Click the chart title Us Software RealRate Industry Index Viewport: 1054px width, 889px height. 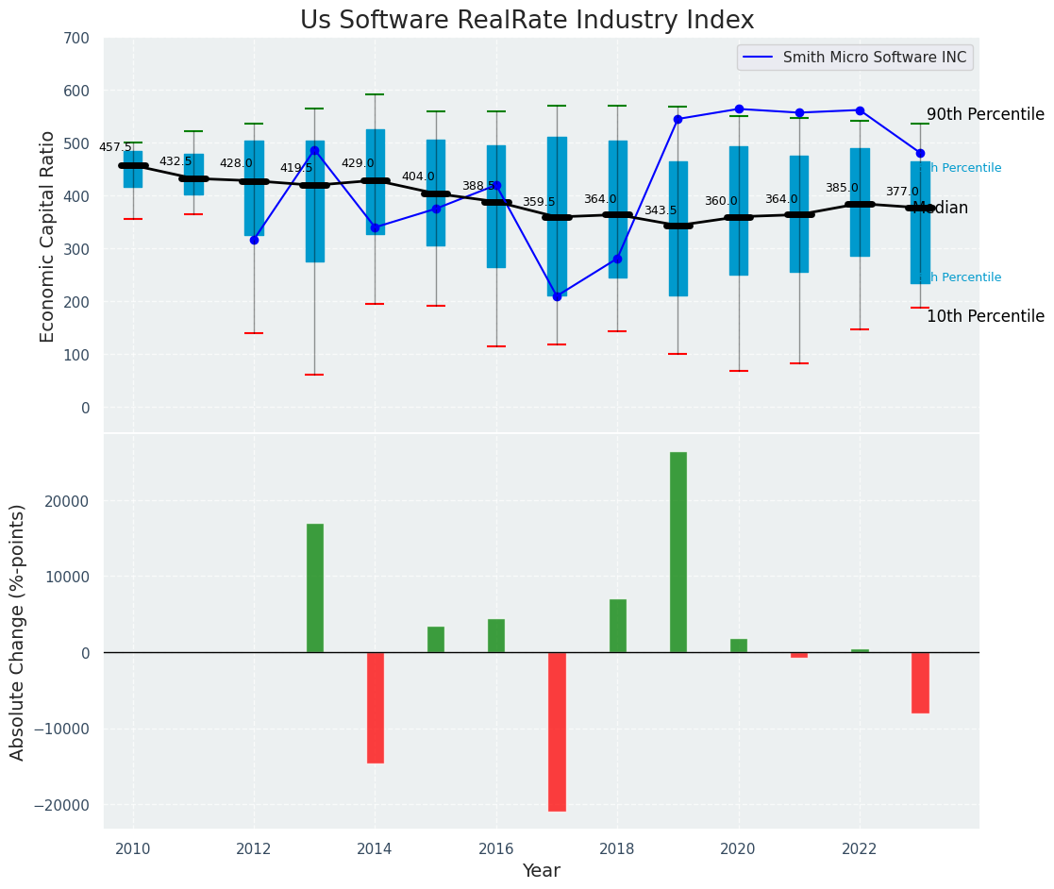click(x=527, y=21)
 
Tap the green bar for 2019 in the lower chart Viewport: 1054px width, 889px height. click(x=678, y=552)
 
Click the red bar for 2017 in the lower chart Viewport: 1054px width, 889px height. click(x=557, y=731)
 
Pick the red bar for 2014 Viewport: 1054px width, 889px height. click(x=375, y=707)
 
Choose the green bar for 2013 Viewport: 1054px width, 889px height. click(x=314, y=588)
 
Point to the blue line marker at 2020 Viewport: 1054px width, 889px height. click(x=738, y=109)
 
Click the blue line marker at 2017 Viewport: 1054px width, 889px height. click(x=557, y=296)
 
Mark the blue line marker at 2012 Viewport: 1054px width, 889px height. click(x=254, y=240)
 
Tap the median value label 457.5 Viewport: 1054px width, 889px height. click(x=115, y=147)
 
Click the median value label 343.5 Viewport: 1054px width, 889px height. click(x=661, y=210)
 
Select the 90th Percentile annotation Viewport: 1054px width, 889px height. click(x=985, y=115)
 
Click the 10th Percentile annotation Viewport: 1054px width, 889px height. click(x=985, y=317)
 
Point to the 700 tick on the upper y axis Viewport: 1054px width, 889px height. click(x=77, y=39)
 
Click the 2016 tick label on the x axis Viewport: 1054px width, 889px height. click(x=496, y=849)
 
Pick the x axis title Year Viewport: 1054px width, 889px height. click(x=541, y=871)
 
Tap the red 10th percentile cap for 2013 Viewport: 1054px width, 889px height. click(x=314, y=375)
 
